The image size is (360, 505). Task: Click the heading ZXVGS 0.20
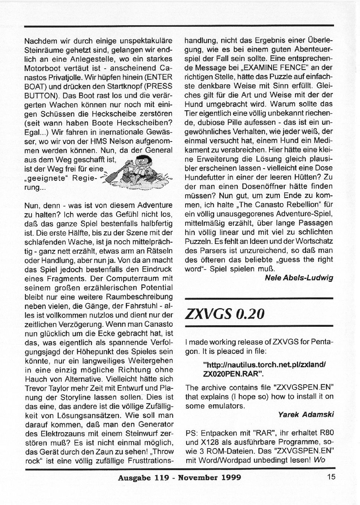[225, 314]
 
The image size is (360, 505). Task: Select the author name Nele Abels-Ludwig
[299, 278]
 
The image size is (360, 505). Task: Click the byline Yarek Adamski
[306, 415]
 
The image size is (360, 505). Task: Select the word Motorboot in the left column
[42, 68]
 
